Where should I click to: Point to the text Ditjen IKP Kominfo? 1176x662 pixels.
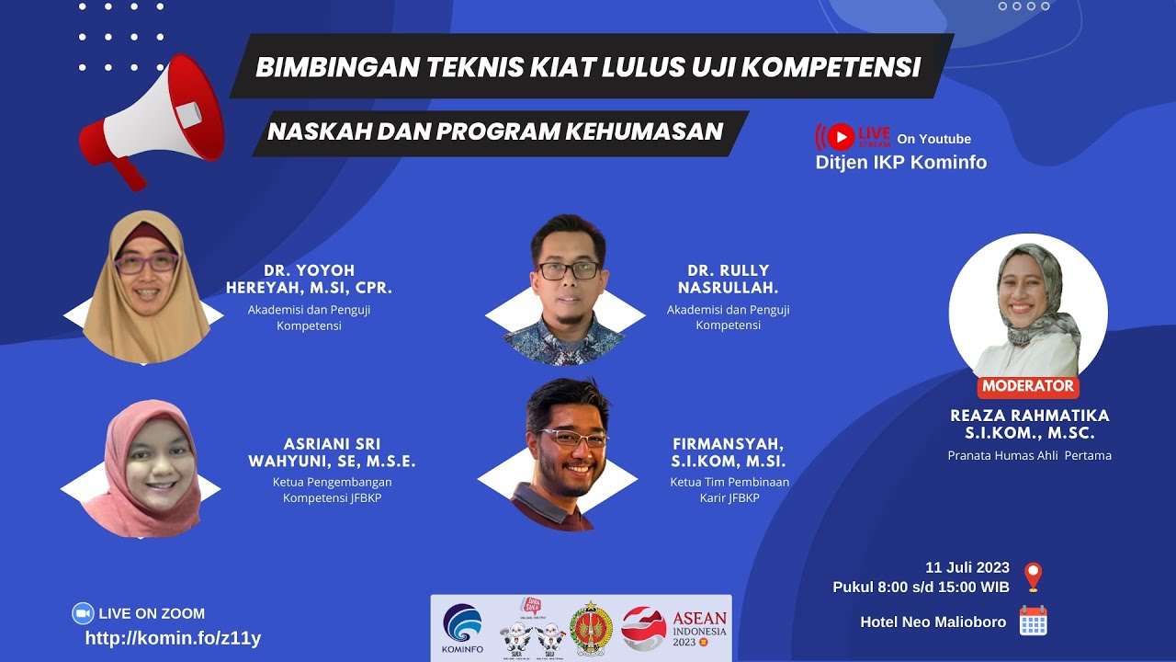(x=900, y=163)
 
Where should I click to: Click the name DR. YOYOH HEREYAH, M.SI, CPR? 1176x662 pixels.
(x=309, y=280)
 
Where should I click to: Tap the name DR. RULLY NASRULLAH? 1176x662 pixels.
(x=728, y=280)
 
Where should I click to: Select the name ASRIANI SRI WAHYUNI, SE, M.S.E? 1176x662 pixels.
(x=332, y=453)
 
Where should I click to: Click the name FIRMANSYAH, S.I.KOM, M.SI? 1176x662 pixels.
(x=729, y=453)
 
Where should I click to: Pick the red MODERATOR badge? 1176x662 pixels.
(x=1027, y=386)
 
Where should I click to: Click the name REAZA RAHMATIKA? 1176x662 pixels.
(x=1029, y=416)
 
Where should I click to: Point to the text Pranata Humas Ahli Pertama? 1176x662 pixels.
(x=1029, y=455)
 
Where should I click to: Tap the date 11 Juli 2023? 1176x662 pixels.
(x=967, y=567)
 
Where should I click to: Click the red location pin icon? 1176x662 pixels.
(x=1033, y=576)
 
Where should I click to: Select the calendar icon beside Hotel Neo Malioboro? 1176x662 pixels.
(x=1034, y=622)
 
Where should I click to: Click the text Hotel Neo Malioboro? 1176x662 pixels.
(x=933, y=622)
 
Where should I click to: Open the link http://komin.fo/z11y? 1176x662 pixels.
(x=173, y=637)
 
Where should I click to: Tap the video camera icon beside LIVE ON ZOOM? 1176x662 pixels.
(x=83, y=613)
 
